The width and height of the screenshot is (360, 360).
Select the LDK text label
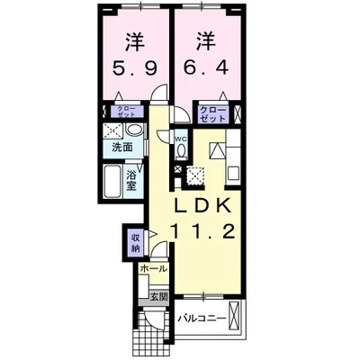pos(205,205)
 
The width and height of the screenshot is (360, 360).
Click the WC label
pos(180,139)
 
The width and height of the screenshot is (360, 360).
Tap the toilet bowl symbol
pos(180,153)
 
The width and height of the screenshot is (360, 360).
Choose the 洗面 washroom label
pos(123,147)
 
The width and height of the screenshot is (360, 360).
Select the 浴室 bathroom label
pos(131,181)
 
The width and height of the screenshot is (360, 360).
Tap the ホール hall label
pos(152,268)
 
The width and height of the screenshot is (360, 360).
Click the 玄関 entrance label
pos(157,295)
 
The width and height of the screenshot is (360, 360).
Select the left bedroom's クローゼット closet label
pos(125,112)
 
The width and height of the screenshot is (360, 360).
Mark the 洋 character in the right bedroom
pos(204,40)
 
